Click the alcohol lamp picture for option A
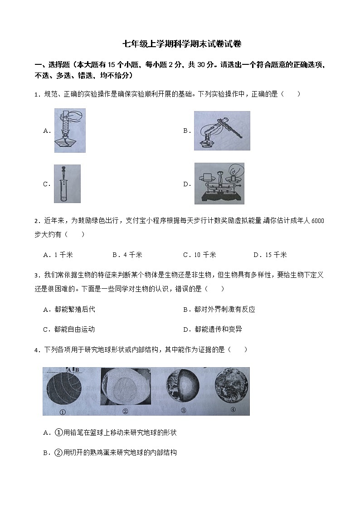click(x=70, y=131)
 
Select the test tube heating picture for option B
click(x=222, y=131)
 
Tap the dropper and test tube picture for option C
click(x=67, y=184)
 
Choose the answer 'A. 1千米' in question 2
click(x=58, y=255)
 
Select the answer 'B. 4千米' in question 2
click(x=127, y=255)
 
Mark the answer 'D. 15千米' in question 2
click(x=270, y=255)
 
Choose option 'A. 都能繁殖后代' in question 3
click(x=69, y=309)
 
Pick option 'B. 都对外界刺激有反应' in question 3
click(x=219, y=309)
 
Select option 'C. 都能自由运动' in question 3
click(x=69, y=329)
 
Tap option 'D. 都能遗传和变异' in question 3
click(x=213, y=329)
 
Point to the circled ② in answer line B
click(x=58, y=452)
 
